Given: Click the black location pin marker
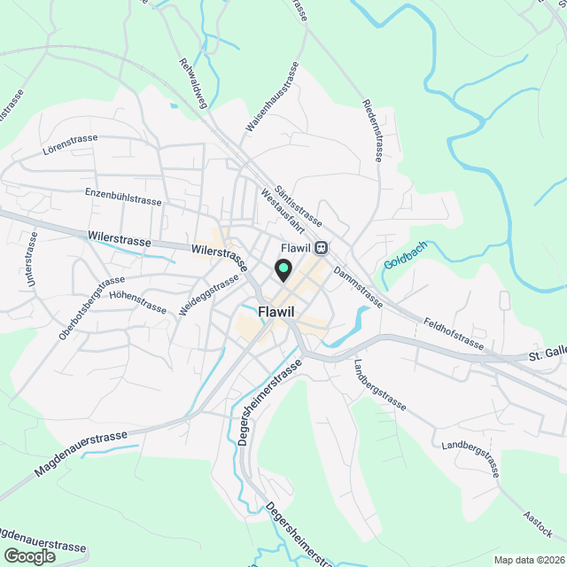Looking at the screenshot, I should pos(283,269).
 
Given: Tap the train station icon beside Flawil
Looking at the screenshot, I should pos(321,248).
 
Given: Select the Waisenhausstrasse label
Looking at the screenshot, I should pos(272,98).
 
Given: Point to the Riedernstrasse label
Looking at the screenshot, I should pos(372,129).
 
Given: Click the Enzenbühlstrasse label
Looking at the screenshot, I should pos(123,196).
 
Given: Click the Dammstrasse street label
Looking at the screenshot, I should pos(358,289).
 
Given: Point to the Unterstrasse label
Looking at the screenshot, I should pos(32,259).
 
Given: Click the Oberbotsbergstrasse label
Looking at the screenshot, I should pos(91,307).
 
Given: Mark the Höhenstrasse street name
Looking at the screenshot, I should pos(137,301).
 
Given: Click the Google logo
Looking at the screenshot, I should pos(28,555).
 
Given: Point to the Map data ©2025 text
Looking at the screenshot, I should pos(529,560).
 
